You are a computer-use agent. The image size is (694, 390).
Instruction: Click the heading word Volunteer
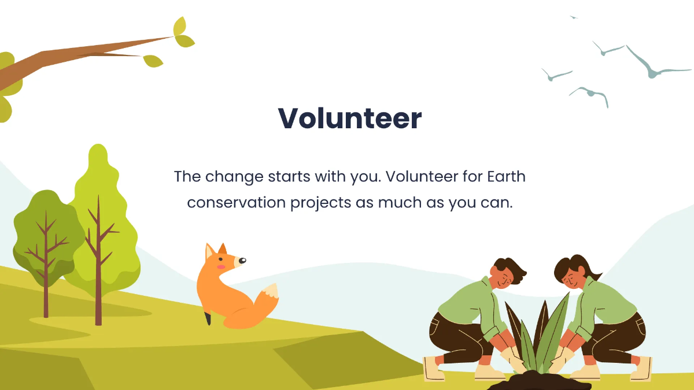[349, 119]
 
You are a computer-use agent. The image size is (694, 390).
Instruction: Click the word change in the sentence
[234, 177]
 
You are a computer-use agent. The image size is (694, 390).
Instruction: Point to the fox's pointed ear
[209, 252]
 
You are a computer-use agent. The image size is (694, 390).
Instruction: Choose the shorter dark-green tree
[46, 231]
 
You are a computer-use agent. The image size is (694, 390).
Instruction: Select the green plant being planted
[541, 335]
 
